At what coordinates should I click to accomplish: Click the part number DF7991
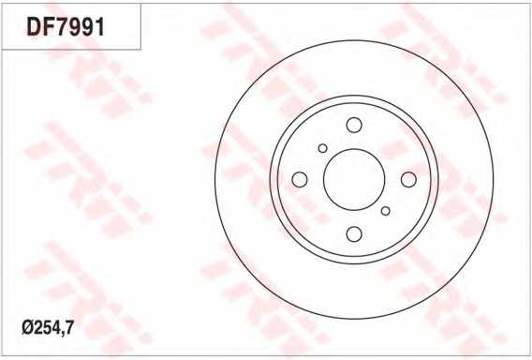(66, 27)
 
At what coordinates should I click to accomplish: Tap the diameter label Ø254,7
(48, 327)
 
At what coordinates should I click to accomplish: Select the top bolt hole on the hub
(354, 125)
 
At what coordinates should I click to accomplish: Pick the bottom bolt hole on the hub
(354, 234)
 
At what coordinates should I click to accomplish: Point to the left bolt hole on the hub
(300, 179)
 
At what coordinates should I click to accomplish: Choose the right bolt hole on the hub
(408, 179)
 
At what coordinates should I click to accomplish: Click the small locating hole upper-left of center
(322, 148)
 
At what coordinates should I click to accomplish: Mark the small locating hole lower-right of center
(386, 211)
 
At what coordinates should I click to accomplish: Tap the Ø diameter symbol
(28, 328)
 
